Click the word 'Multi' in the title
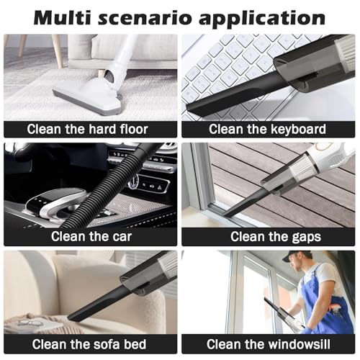click(x=62, y=17)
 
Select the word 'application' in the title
click(x=262, y=19)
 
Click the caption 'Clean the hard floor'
click(x=87, y=129)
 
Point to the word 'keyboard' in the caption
click(x=298, y=130)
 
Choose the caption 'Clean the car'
click(x=91, y=236)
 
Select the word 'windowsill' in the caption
click(x=299, y=344)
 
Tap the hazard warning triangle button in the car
click(x=158, y=188)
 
